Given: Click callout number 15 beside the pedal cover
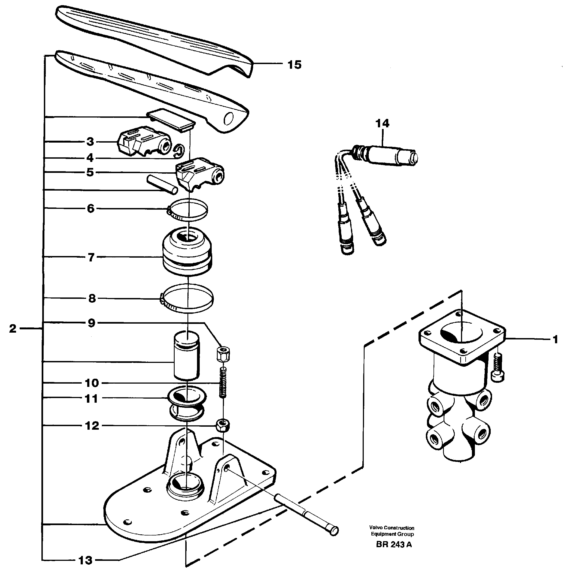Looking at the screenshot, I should pyautogui.click(x=295, y=65).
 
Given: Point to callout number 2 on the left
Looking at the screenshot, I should pyautogui.click(x=13, y=329).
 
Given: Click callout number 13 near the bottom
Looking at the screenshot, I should pyautogui.click(x=85, y=560).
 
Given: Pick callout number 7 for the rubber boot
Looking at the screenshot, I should pyautogui.click(x=91, y=257).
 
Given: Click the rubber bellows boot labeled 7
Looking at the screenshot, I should pyautogui.click(x=187, y=252).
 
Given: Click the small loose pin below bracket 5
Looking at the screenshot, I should pyautogui.click(x=162, y=184).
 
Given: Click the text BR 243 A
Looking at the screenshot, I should pyautogui.click(x=394, y=544).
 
